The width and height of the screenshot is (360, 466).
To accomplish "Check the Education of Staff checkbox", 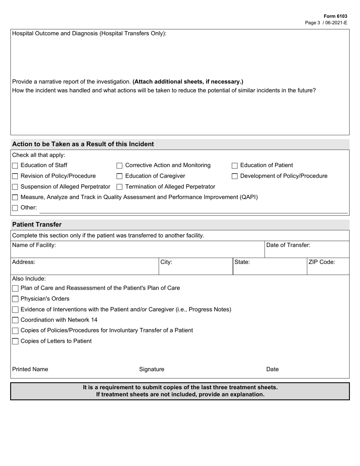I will click(15, 166).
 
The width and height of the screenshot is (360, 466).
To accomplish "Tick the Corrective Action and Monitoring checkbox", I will click(119, 166).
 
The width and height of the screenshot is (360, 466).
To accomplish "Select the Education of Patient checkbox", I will click(235, 166).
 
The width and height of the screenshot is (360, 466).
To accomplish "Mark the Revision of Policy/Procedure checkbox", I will click(15, 176).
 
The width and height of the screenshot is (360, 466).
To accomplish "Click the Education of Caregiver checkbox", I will click(119, 176).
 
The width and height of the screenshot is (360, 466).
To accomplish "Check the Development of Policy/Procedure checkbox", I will click(235, 176).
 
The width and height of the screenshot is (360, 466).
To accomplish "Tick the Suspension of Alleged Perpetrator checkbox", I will click(15, 187).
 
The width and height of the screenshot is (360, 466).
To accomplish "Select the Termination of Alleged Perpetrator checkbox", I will click(119, 187).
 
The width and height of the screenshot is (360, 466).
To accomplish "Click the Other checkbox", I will click(15, 208).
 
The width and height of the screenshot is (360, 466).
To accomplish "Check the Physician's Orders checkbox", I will click(15, 299).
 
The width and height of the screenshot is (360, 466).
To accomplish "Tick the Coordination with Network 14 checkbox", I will click(15, 320).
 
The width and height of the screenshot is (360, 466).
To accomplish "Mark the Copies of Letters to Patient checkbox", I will click(15, 341).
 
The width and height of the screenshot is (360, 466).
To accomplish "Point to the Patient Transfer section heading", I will click(37, 224).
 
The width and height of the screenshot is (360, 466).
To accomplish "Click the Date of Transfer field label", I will click(288, 245).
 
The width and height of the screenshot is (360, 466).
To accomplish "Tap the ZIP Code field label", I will click(322, 262).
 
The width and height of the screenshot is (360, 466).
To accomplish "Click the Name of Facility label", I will click(34, 245).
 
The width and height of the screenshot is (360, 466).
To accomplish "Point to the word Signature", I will click(152, 369).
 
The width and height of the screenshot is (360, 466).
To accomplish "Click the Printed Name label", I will click(30, 369).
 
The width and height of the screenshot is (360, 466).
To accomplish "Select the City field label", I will click(166, 262).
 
